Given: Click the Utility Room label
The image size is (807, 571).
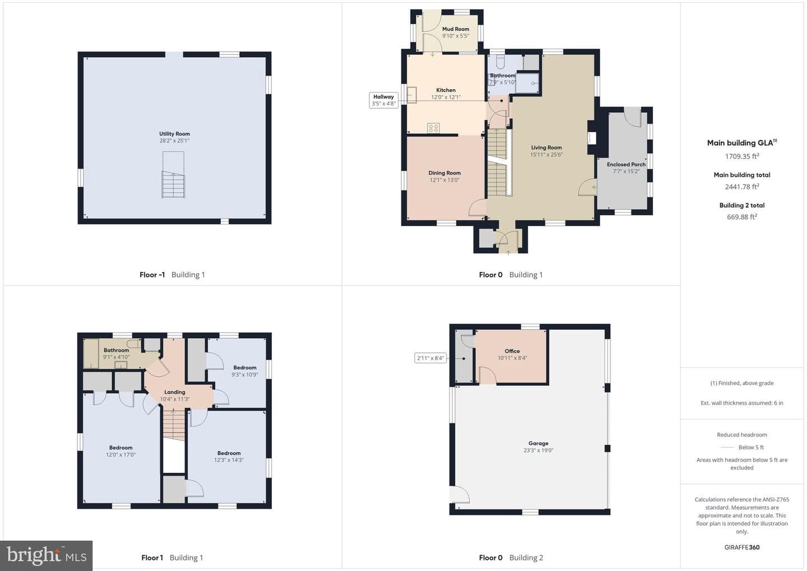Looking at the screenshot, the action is click(x=174, y=133).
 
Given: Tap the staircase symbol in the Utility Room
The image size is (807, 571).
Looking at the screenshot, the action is click(x=173, y=185).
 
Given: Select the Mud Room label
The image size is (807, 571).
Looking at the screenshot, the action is click(x=456, y=29).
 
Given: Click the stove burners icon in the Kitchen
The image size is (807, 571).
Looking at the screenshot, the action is click(x=433, y=128).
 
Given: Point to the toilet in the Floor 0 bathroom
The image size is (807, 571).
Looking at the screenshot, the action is click(x=501, y=62).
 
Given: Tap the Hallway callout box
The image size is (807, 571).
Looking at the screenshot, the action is click(x=384, y=100).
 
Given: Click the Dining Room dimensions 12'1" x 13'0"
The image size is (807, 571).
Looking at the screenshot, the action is click(x=444, y=180).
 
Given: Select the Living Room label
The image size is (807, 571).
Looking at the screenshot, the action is click(x=546, y=148).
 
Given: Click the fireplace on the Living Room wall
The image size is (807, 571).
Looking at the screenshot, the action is click(x=592, y=138).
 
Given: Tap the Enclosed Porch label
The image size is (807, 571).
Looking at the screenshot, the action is click(x=626, y=164).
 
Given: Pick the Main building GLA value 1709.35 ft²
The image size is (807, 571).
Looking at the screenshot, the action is click(x=742, y=156).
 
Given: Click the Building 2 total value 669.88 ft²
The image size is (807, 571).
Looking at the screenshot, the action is click(x=742, y=217).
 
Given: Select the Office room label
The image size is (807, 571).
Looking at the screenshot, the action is click(x=512, y=351).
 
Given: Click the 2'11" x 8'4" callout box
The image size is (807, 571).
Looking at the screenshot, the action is click(x=430, y=358).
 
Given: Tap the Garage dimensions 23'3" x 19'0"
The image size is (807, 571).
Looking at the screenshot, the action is click(x=538, y=450).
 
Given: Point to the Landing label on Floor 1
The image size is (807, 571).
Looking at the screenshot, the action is click(x=175, y=392).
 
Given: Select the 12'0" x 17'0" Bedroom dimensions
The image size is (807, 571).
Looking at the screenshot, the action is click(x=120, y=454).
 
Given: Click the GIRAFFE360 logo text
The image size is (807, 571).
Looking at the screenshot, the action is click(x=742, y=547).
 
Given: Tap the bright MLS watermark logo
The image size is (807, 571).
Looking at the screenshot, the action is click(x=47, y=555).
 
